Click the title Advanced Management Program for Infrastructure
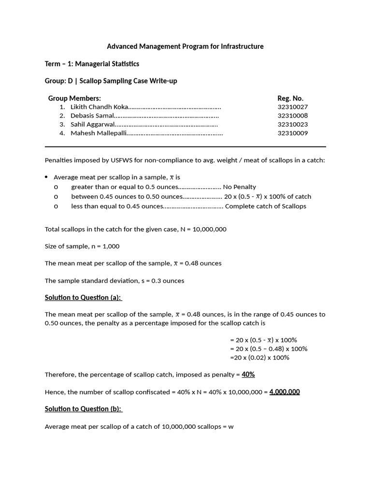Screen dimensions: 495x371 pyautogui.click(x=185, y=46)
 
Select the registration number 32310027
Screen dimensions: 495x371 pyautogui.click(x=292, y=107)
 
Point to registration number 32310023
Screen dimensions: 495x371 pyautogui.click(x=292, y=124)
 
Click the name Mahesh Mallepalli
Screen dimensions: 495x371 pyautogui.click(x=98, y=133)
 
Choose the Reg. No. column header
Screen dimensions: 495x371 pyautogui.click(x=290, y=98)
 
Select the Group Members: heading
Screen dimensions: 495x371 pyautogui.click(x=74, y=98)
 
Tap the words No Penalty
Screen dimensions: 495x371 pyautogui.click(x=240, y=187)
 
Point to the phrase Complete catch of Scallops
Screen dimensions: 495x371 pyautogui.click(x=266, y=206)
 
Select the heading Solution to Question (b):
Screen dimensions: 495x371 pyautogui.click(x=84, y=408)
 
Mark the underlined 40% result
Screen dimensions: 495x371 pyautogui.click(x=248, y=374)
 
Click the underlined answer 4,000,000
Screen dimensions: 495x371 pyautogui.click(x=285, y=392)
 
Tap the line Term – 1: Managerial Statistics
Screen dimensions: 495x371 pyautogui.click(x=92, y=64)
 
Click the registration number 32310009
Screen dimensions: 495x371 pyautogui.click(x=292, y=133)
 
